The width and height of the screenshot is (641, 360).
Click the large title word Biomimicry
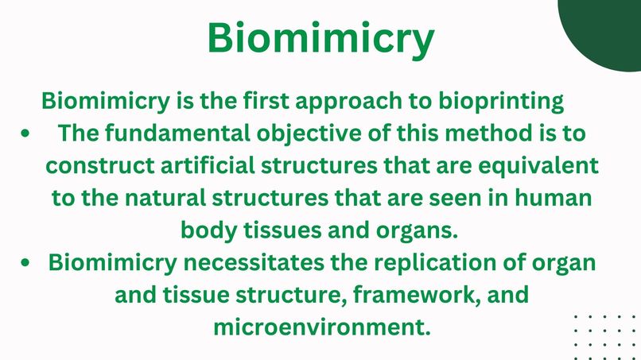click(x=320, y=37)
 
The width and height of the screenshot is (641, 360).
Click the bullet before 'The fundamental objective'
click(x=28, y=134)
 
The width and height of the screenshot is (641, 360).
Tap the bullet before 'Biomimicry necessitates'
click(x=28, y=263)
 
